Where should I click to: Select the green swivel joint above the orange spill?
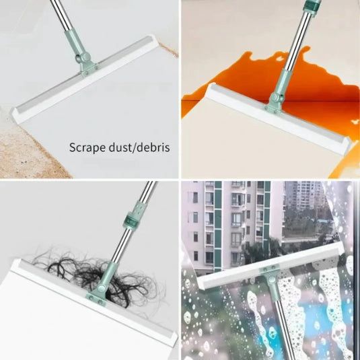[274, 102]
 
